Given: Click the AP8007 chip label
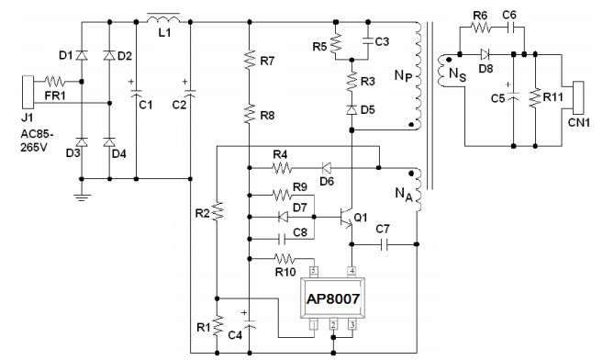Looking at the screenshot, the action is click(x=333, y=299).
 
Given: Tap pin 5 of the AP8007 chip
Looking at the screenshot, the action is click(x=314, y=271).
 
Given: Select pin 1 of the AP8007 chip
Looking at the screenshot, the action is click(x=314, y=324).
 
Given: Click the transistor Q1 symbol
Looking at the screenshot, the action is click(x=347, y=217).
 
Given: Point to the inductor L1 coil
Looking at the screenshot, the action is click(x=163, y=18).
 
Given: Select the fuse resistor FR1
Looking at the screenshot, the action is click(x=55, y=82).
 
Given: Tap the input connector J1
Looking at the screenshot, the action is click(x=28, y=93).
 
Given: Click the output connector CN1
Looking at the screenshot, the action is click(x=578, y=97).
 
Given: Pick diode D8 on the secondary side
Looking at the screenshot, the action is click(x=486, y=54).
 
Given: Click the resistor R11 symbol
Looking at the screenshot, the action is click(x=535, y=98).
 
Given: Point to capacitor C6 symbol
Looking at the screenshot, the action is click(x=510, y=28).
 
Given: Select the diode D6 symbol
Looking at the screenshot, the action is click(x=326, y=168).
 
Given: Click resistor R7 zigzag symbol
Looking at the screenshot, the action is click(x=250, y=60).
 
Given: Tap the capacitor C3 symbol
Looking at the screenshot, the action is click(x=368, y=39).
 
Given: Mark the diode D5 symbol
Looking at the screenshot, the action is click(x=352, y=109).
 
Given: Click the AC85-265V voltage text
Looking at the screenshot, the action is click(x=37, y=141).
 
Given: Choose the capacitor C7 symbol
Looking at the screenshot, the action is click(x=385, y=244).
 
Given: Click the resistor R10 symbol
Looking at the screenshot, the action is click(x=285, y=259).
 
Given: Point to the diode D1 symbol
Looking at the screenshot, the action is click(x=82, y=56).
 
